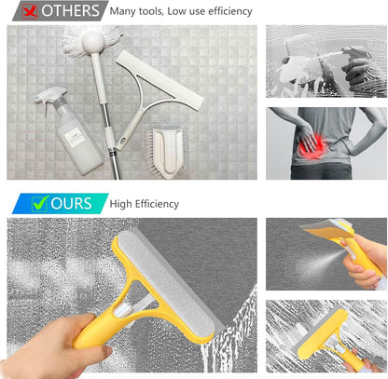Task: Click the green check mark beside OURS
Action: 39,203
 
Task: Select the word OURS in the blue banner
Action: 71,203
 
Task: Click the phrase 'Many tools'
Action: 136,11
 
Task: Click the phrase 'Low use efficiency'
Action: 211,11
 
